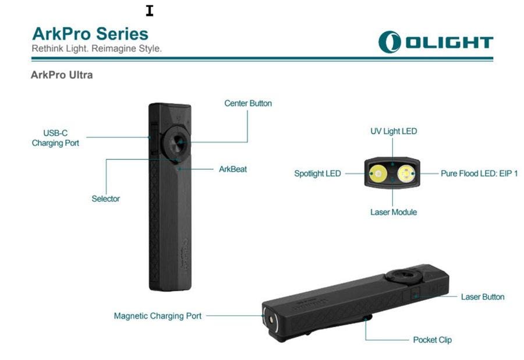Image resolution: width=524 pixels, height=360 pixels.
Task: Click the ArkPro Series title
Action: coord(90,34)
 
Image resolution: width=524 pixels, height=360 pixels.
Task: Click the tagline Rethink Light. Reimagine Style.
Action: coord(97,48)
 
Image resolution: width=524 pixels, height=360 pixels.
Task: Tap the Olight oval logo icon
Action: coord(390,42)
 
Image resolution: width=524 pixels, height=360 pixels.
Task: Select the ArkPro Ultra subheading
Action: coord(62,75)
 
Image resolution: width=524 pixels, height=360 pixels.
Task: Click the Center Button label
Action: coord(248,103)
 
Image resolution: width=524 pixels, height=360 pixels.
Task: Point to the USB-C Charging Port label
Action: coord(55,138)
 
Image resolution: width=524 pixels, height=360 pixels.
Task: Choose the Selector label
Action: coord(105,199)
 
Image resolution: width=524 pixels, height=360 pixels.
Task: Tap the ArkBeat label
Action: coord(233,169)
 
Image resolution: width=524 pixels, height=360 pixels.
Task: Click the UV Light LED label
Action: coord(394,131)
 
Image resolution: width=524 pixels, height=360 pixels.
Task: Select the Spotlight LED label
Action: coord(317,174)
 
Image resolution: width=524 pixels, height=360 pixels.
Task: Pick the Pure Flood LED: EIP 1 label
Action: coord(479,174)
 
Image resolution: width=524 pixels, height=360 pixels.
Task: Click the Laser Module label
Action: coord(394,212)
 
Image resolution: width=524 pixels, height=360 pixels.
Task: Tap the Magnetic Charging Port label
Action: coord(158,316)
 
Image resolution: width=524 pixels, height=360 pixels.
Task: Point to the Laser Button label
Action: coord(483,297)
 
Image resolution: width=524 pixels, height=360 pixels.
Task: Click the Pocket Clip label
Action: coord(433,340)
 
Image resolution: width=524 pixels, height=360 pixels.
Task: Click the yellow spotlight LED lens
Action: coord(378,174)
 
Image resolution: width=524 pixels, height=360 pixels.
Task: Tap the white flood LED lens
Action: coord(406,174)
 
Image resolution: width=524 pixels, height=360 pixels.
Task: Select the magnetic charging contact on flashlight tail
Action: coord(271,320)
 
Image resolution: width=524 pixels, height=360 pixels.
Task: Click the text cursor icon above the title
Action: coord(150,11)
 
